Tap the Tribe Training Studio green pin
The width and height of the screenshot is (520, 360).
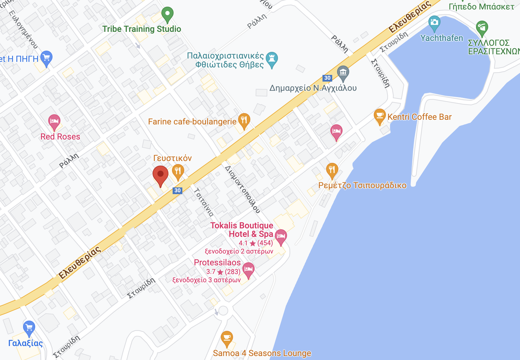[x=167, y=14]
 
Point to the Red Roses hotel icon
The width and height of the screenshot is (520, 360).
[x=54, y=122]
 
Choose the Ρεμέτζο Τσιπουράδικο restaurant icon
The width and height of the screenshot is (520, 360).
[x=332, y=170]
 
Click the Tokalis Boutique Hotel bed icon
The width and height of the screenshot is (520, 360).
[x=281, y=236]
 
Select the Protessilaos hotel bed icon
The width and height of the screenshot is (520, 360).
[x=248, y=269]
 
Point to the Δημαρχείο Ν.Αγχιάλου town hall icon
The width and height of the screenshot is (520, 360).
[x=343, y=73]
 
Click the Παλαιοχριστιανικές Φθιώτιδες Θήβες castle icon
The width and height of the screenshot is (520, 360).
[x=272, y=59]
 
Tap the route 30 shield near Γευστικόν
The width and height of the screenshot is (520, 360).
[x=177, y=190]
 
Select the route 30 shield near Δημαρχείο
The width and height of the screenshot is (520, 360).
[x=327, y=78]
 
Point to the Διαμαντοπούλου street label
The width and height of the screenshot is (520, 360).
[x=243, y=189]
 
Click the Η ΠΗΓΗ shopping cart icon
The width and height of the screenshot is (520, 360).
[x=46, y=58]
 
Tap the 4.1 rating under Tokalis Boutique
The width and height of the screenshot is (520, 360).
[x=243, y=243]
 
